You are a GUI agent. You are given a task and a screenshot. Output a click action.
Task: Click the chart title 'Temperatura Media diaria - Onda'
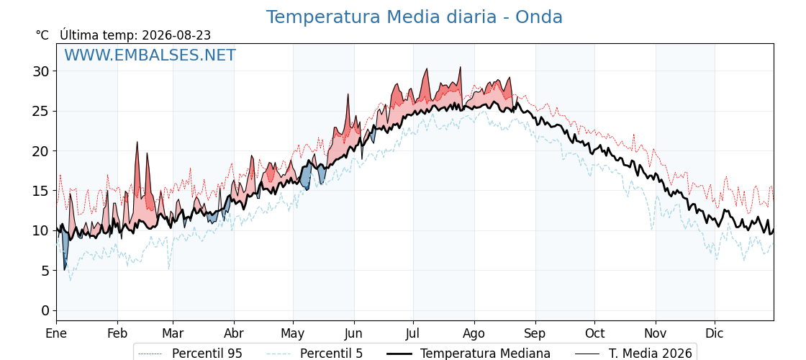pos(414,17)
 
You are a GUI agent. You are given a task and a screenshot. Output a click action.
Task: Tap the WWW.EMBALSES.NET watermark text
pos(150,55)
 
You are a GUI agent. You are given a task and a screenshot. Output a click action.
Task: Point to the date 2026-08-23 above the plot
pos(176,35)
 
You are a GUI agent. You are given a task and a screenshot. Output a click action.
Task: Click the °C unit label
pos(42,35)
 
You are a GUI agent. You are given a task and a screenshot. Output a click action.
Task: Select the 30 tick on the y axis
pos(40,71)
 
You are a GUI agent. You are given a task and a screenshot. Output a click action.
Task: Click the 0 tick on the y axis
pos(45,310)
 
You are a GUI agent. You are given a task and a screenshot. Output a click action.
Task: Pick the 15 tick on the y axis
pos(40,191)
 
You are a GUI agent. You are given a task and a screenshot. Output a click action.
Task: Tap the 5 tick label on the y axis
pos(45,271)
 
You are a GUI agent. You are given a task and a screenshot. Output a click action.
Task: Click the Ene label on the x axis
pos(57,334)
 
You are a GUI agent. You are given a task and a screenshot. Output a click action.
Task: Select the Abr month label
pos(234,334)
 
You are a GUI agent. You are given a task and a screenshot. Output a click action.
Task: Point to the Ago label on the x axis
pos(474,334)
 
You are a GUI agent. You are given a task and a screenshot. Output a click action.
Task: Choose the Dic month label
pos(715,334)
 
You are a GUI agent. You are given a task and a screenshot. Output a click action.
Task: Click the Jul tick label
pos(413,334)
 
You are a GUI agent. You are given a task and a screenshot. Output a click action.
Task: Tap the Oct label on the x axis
pos(594,334)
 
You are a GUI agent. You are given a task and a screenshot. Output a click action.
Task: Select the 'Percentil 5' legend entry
pos(314,354)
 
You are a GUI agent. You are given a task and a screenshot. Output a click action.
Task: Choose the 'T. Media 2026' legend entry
pos(633,354)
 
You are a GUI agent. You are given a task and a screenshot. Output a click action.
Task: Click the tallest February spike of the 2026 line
pos(137,142)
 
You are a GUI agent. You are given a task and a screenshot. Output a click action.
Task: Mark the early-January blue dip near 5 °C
pos(65,269)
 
